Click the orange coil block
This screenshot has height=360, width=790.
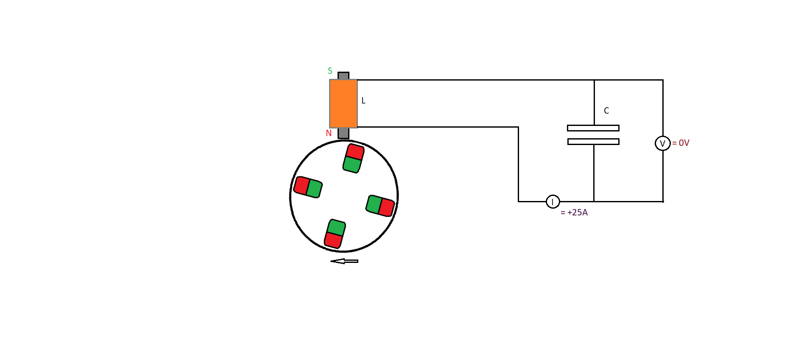click(343, 103)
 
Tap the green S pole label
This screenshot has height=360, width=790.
click(330, 71)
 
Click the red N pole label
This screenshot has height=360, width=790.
click(329, 133)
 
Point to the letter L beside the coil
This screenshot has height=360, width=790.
click(363, 100)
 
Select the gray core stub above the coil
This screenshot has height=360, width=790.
click(343, 75)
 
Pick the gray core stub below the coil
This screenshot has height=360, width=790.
click(343, 133)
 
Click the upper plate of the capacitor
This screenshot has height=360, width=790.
click(593, 128)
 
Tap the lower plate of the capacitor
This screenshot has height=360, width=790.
click(593, 142)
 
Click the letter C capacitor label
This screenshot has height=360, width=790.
click(606, 111)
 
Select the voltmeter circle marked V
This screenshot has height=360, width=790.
click(663, 143)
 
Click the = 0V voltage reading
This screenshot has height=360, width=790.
click(681, 143)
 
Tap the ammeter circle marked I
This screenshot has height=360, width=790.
click(553, 201)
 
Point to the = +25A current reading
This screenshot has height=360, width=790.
click(574, 212)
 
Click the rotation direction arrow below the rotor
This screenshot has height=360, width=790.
click(344, 261)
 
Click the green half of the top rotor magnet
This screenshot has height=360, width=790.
click(352, 165)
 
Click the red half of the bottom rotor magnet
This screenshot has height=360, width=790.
click(333, 240)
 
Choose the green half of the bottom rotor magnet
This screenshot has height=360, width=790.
click(337, 228)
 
